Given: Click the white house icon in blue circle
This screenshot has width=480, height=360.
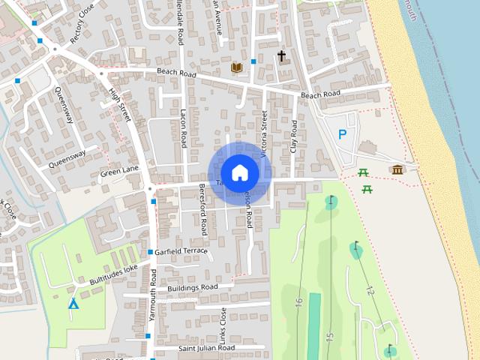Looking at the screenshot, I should (x=239, y=172).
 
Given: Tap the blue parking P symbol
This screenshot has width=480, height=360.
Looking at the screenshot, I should (x=343, y=135).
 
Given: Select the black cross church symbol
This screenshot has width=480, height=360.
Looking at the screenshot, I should (x=282, y=55).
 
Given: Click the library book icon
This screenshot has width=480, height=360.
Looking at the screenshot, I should (x=237, y=67).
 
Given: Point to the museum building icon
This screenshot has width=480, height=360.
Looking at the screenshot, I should (x=396, y=169).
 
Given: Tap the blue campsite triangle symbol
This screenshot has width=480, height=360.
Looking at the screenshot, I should (x=73, y=304).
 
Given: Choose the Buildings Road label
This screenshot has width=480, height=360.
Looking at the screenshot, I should (x=193, y=287).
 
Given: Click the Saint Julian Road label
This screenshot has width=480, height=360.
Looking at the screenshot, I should (x=206, y=348).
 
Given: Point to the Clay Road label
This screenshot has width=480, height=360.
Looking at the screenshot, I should (x=293, y=138).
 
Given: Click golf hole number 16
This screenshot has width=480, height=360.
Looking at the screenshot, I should (x=298, y=302).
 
